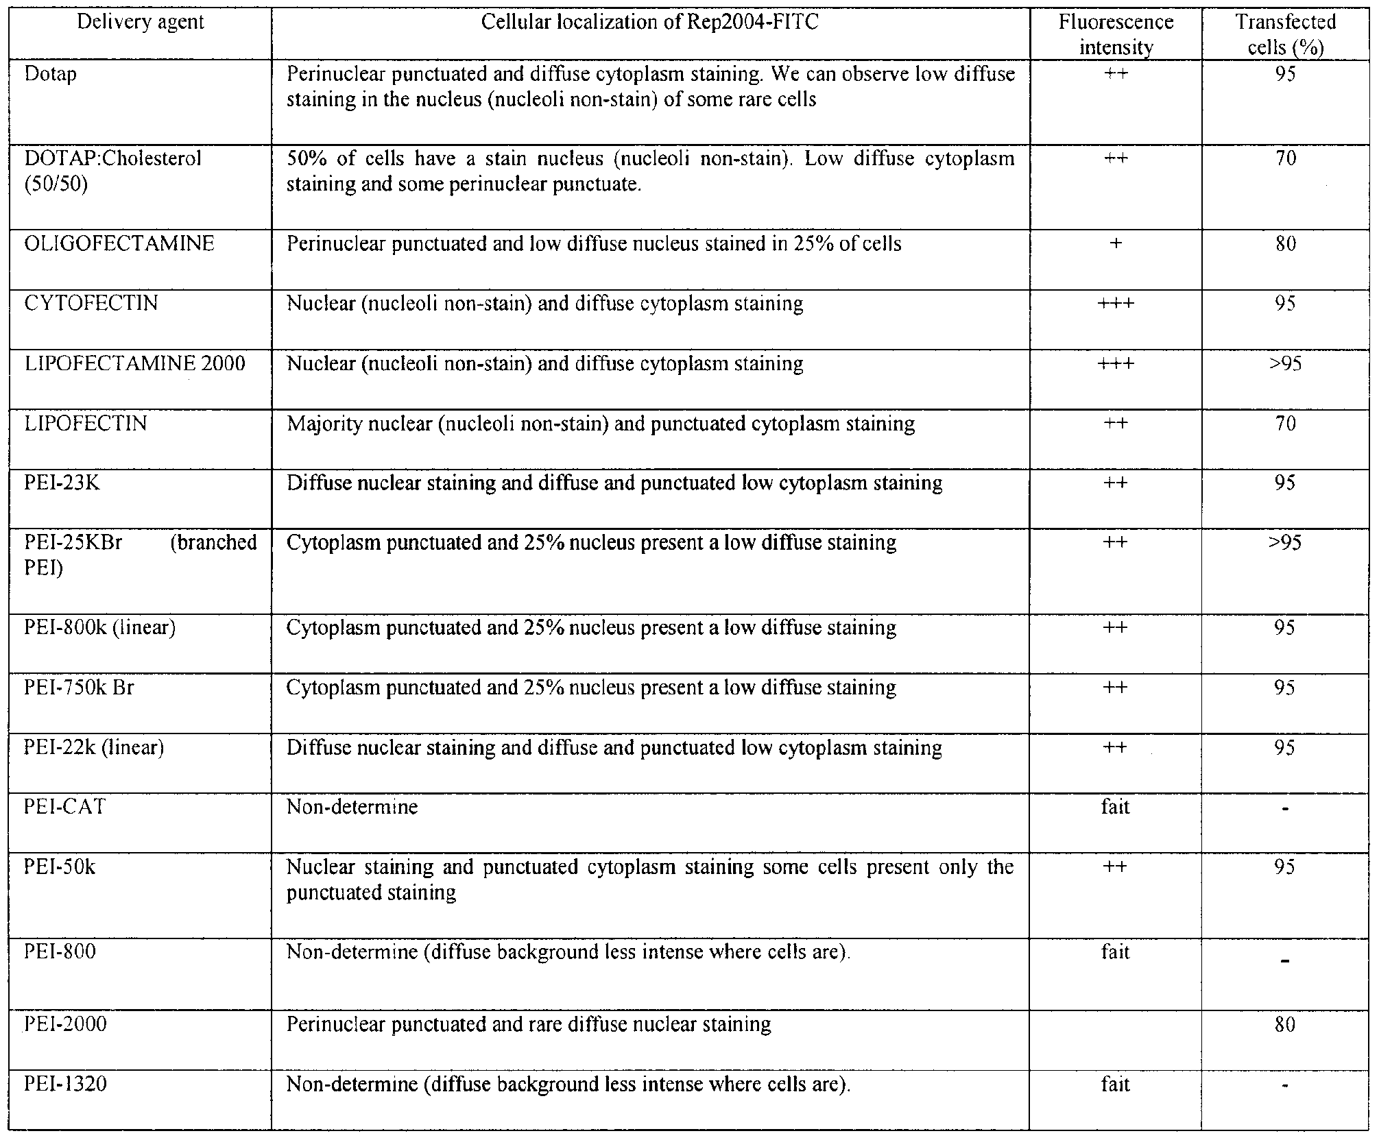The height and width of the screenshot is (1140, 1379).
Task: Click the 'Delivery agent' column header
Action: [x=141, y=22]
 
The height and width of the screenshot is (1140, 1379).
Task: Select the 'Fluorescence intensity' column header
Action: [x=1116, y=34]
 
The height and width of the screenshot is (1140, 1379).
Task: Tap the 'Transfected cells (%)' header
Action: [x=1286, y=34]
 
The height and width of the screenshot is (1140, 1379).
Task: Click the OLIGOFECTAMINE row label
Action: [x=119, y=243]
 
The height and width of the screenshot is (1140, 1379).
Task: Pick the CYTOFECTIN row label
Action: [x=91, y=303]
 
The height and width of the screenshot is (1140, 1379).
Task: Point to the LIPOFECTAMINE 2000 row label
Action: [x=134, y=363]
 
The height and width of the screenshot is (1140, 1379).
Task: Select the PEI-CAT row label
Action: [x=65, y=807]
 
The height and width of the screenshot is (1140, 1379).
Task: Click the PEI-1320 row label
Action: [x=66, y=1084]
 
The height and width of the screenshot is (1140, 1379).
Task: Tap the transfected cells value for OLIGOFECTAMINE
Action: [x=1286, y=243]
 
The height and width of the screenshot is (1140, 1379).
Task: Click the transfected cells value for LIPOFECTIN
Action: [x=1286, y=424]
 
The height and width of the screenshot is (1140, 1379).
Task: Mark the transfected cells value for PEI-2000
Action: [x=1286, y=1024]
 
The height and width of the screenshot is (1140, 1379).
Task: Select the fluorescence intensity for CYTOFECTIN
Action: [x=1116, y=303]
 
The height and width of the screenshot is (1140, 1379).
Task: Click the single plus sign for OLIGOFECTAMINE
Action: [x=1116, y=243]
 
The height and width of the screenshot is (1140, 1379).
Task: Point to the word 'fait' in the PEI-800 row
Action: [x=1116, y=952]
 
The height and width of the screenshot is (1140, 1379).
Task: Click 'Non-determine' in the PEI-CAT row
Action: [x=352, y=807]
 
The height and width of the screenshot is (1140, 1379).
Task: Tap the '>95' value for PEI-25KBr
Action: [x=1286, y=543]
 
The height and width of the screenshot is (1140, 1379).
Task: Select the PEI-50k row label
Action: [x=60, y=867]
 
